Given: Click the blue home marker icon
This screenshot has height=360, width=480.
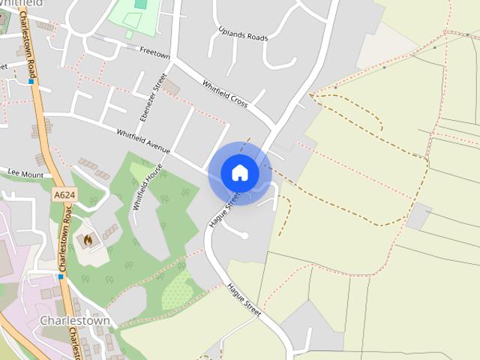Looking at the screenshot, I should click(x=240, y=173).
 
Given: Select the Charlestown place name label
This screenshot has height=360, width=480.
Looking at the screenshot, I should click(x=74, y=321).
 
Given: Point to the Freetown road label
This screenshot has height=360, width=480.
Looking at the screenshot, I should click(x=155, y=53).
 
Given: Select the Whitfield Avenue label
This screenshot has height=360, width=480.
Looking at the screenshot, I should click(x=142, y=142).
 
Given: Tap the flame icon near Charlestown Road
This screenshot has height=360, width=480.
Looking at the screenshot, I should click(x=87, y=241).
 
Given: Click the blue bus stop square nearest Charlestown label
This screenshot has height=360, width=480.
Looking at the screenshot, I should click(x=61, y=276).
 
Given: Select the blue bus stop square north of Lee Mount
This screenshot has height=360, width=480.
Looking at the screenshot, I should click(x=31, y=81).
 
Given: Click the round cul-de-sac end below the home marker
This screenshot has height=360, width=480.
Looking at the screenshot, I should click(x=244, y=235).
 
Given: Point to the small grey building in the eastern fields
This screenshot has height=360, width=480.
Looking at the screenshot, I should click(x=418, y=216).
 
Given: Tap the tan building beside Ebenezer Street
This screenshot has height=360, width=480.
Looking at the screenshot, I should click(x=172, y=88).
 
